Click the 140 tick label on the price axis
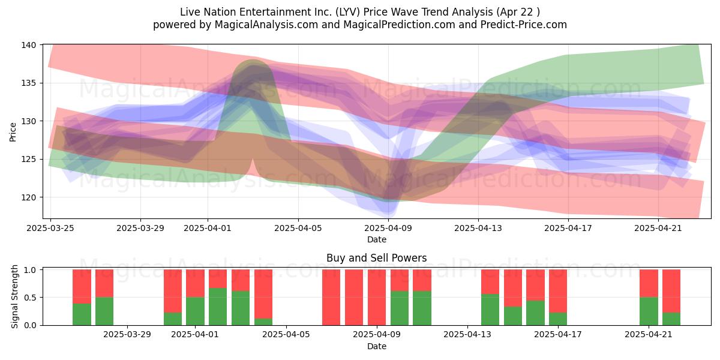[x=28, y=44]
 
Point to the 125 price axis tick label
[x=28, y=160]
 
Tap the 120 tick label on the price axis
[x=28, y=197]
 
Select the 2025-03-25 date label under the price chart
[x=50, y=228]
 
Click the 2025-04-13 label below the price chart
[x=478, y=228]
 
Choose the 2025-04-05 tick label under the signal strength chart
[x=286, y=335]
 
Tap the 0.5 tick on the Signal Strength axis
[x=30, y=298]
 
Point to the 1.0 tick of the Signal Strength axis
[x=30, y=269]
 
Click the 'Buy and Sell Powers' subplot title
[x=376, y=258]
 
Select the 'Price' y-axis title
[x=13, y=132]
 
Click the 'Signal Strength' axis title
[x=14, y=296]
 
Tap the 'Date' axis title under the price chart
[x=377, y=239]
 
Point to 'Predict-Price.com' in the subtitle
[x=524, y=25]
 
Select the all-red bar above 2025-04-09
[x=377, y=298]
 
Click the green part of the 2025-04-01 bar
[x=195, y=311]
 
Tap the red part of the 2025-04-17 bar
[x=557, y=291]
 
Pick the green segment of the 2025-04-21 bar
[x=649, y=311]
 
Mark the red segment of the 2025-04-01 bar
[x=195, y=283]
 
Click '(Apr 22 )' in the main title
[x=518, y=12]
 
